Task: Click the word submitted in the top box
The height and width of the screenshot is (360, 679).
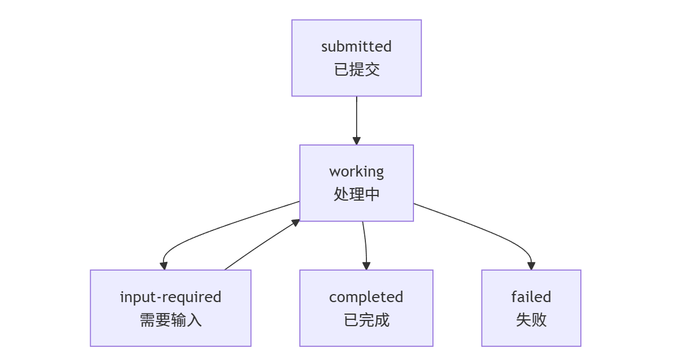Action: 356,46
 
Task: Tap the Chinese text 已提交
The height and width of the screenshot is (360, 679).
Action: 356,70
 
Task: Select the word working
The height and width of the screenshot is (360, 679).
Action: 356,171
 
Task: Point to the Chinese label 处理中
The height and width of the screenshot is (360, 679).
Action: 356,194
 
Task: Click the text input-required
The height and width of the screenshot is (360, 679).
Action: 170,297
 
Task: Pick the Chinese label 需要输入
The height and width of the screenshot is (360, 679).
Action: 170,320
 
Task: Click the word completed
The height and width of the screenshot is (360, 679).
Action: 366,297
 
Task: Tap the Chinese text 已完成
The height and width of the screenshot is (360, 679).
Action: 366,320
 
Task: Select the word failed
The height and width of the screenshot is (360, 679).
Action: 531,297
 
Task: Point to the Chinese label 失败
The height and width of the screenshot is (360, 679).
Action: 531,320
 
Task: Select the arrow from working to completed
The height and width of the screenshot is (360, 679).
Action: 365,244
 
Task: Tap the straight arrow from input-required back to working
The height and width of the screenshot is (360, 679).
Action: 261,245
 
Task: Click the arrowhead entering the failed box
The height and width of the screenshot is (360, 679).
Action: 531,266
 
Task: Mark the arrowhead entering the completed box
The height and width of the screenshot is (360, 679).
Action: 366,266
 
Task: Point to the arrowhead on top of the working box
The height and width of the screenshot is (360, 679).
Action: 356,141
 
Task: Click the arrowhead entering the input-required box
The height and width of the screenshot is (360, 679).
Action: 164,266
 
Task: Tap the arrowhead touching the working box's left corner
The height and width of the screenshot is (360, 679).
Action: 296,222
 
